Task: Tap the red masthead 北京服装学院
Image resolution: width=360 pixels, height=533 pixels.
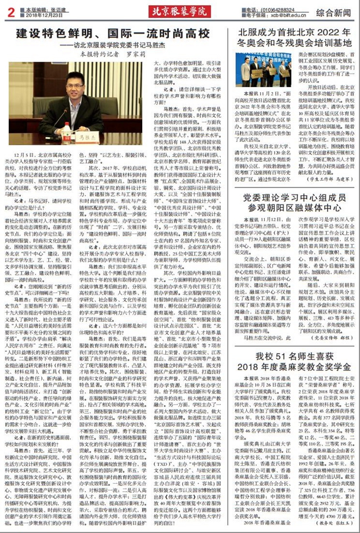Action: (179, 11)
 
